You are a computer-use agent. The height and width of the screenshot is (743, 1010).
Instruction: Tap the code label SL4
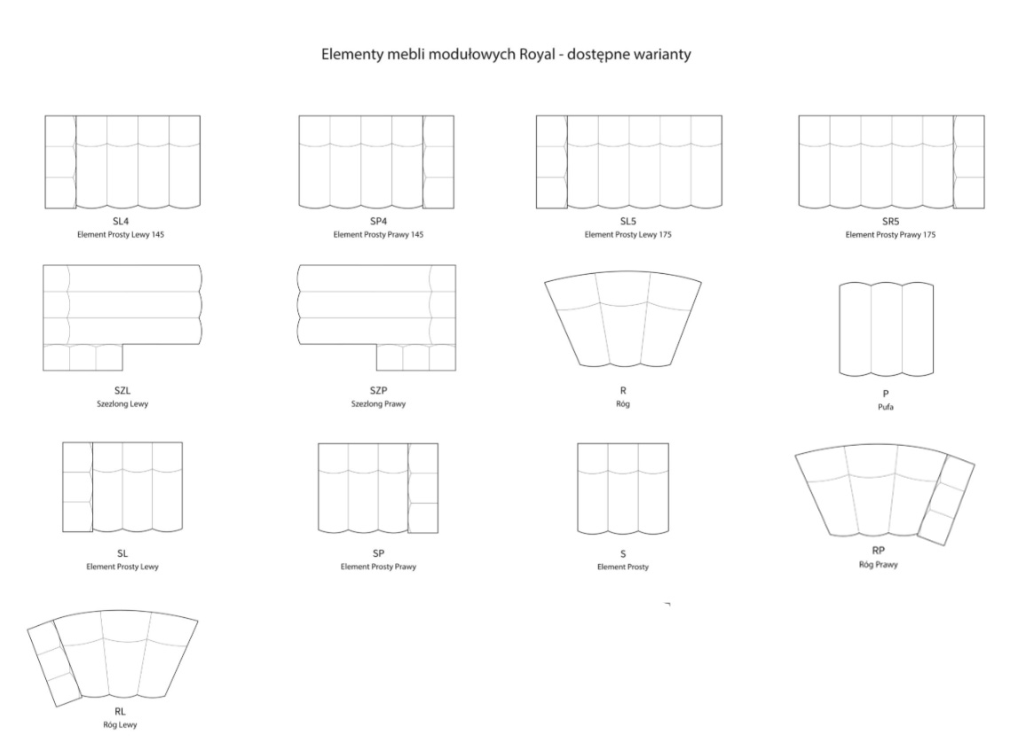click(x=121, y=222)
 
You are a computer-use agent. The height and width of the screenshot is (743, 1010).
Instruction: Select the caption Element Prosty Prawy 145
click(x=378, y=235)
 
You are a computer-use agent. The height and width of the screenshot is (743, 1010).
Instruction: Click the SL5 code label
click(x=628, y=222)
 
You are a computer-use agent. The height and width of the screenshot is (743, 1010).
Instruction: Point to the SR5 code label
click(x=890, y=222)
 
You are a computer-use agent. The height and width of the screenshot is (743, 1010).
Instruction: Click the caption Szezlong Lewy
click(x=122, y=404)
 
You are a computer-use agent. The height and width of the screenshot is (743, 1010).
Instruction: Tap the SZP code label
click(x=378, y=390)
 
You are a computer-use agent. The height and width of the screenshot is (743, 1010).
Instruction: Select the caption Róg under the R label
click(x=623, y=404)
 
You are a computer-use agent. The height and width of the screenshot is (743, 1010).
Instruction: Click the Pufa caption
click(x=886, y=407)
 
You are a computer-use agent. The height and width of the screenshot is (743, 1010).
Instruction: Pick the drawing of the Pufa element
click(x=887, y=329)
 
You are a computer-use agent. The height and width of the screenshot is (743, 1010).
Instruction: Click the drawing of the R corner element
click(x=623, y=319)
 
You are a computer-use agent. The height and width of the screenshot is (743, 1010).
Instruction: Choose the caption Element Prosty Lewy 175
click(x=628, y=235)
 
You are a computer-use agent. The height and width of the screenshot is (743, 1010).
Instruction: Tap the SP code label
click(x=378, y=553)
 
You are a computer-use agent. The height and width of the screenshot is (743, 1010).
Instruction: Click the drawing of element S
click(x=623, y=489)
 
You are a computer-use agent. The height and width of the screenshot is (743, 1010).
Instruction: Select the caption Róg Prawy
click(x=878, y=565)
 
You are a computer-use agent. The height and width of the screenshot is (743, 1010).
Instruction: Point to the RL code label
click(x=120, y=711)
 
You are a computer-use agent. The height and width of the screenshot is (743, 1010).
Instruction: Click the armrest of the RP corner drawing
click(x=946, y=499)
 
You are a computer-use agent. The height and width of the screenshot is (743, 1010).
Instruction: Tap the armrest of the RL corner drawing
click(x=55, y=664)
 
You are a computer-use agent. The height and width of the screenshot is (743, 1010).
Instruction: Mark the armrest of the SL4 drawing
click(x=59, y=162)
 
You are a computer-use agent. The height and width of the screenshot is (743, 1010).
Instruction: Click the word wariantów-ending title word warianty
click(x=661, y=54)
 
